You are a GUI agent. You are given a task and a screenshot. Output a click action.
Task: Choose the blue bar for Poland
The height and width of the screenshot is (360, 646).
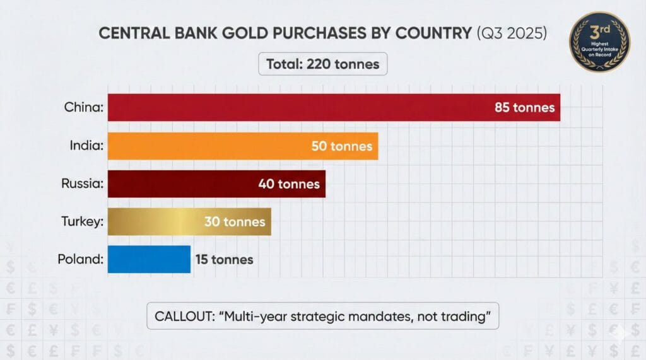(x=149, y=259)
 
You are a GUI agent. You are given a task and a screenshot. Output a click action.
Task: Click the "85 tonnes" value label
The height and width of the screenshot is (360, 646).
(x=524, y=108)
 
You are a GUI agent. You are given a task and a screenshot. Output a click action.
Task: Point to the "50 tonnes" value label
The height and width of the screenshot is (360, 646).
(x=342, y=146)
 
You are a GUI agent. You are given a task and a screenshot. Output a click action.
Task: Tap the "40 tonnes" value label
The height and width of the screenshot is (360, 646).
(x=289, y=185)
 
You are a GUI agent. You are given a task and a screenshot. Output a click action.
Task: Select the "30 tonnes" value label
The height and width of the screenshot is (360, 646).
(x=235, y=222)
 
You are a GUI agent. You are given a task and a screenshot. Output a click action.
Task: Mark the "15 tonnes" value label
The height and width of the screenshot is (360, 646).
(x=224, y=259)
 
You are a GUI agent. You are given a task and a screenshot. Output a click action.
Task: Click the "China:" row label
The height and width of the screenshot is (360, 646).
(x=83, y=108)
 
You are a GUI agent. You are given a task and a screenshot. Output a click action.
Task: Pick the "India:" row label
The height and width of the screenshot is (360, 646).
(x=86, y=146)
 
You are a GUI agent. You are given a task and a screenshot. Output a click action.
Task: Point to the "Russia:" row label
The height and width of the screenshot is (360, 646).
(x=81, y=185)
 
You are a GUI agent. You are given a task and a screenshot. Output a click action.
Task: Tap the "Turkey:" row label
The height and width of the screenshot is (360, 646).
(x=82, y=222)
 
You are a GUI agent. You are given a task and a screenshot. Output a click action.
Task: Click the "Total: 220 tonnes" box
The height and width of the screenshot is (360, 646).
(x=323, y=64)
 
